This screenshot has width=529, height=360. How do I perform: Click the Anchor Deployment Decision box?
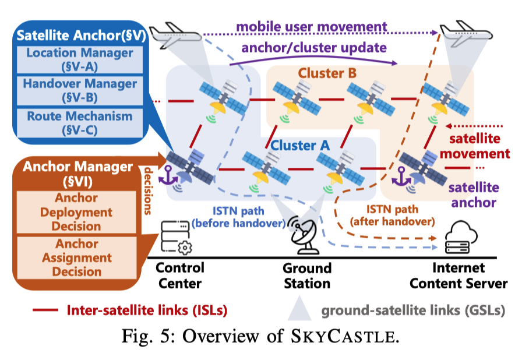click(76, 212)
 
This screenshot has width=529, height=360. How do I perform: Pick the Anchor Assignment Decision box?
click(76, 257)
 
